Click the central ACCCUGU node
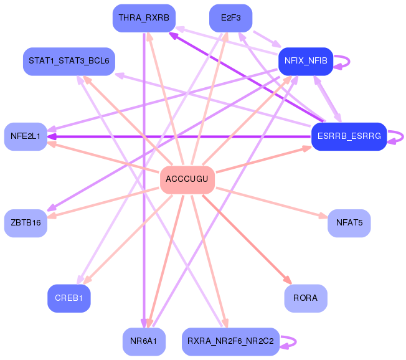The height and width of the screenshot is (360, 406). point(187,179)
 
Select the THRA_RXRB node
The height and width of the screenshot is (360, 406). point(144,17)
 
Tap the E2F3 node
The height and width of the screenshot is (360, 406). point(231,17)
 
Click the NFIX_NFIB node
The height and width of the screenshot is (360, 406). point(305,61)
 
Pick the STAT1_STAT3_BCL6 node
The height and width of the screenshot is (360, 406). point(68,61)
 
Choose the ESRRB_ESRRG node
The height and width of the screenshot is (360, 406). point(349,136)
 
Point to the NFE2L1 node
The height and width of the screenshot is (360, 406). point(26,136)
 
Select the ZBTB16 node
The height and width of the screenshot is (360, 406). point(26,223)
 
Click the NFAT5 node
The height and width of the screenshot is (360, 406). point(349,223)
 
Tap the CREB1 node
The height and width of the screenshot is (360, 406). point(68,298)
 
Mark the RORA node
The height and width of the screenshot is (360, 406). point(305,298)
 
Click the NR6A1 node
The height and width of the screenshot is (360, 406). point(144,341)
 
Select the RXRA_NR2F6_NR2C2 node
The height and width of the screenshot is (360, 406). point(231,341)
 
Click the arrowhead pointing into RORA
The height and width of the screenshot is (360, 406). point(288,281)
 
